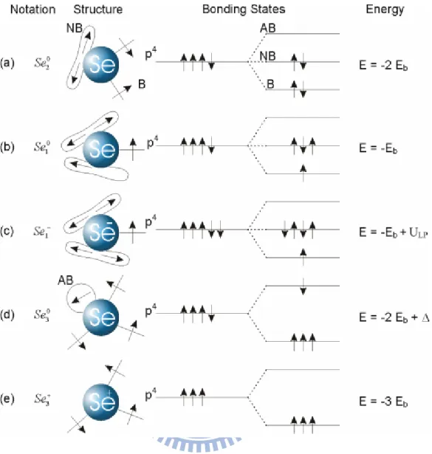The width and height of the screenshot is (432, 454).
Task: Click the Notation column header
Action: click(x=32, y=10)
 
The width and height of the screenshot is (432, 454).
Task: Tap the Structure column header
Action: click(x=98, y=10)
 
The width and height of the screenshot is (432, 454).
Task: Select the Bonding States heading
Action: click(x=244, y=10)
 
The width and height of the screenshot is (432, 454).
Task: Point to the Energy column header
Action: click(x=385, y=10)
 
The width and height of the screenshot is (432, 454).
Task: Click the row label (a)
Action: click(x=7, y=63)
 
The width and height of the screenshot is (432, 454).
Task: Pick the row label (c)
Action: click(x=7, y=231)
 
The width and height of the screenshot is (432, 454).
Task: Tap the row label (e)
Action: click(x=7, y=399)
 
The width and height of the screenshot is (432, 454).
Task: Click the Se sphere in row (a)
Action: click(x=100, y=64)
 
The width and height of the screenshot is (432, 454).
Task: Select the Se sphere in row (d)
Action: click(x=100, y=317)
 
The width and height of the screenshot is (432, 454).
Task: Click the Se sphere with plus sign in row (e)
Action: click(x=100, y=402)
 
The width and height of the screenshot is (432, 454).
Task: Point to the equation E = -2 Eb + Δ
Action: click(x=394, y=318)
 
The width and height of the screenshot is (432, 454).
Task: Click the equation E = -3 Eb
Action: click(x=383, y=402)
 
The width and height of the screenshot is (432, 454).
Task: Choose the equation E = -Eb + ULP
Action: click(x=394, y=233)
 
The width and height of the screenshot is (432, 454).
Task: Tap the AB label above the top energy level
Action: click(x=268, y=28)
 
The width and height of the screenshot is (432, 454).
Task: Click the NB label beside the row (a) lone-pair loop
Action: click(x=75, y=28)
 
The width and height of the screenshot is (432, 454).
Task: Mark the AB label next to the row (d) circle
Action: click(x=66, y=281)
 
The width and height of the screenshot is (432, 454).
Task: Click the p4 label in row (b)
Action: click(x=153, y=142)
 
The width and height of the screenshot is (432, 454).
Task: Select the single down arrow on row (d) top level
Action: click(x=304, y=286)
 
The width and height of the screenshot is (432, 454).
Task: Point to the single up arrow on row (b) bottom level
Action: click(x=304, y=173)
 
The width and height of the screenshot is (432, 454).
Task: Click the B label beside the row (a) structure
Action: click(x=142, y=84)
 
